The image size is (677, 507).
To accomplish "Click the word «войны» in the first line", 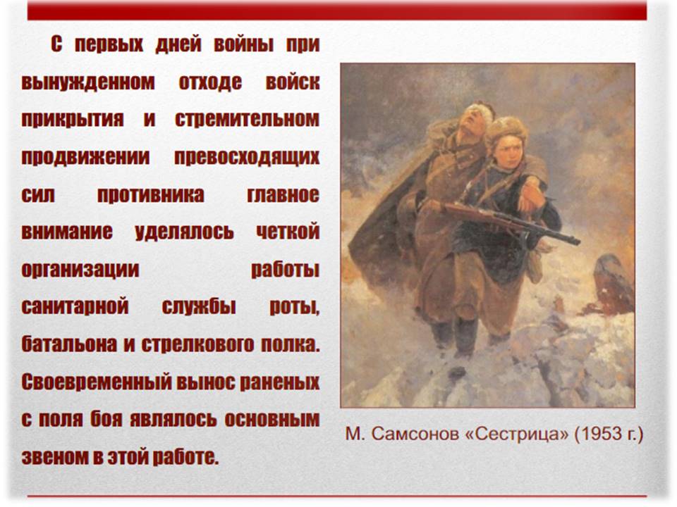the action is [x=243, y=44].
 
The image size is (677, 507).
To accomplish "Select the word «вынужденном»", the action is [x=88, y=82].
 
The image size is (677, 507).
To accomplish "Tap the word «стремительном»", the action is [x=247, y=120].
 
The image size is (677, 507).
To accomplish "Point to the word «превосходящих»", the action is [x=247, y=157].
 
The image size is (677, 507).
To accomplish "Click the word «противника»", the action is [x=151, y=195].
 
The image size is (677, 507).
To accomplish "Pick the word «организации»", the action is [x=80, y=270].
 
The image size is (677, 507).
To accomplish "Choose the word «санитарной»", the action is [x=75, y=306].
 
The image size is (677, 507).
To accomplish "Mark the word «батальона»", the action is [x=70, y=344].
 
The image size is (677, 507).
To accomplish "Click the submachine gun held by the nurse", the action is [x=509, y=222].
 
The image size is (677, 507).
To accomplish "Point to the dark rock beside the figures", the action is [x=613, y=284].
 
